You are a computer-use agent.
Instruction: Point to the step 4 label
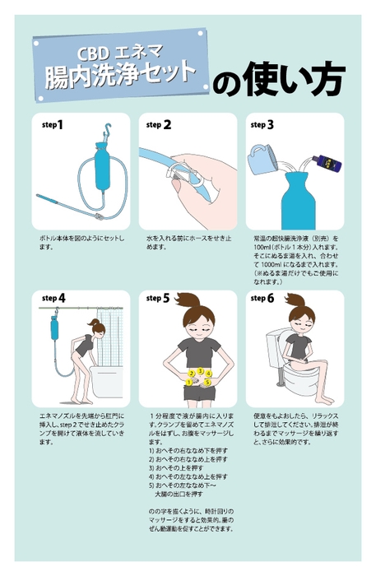pos(53,297)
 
